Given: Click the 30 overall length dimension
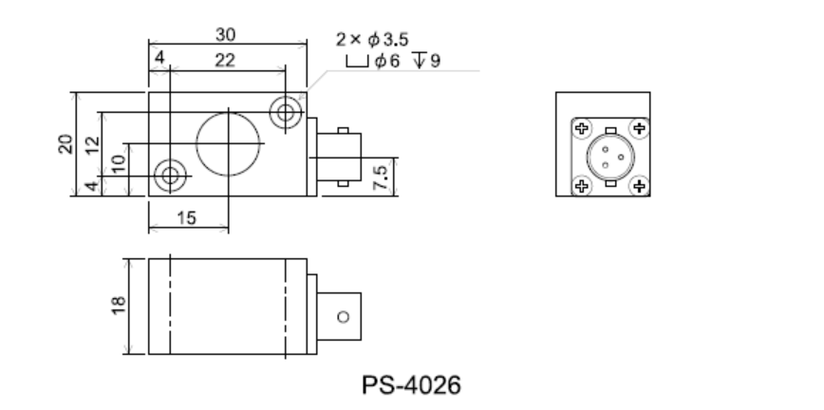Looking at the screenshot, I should pyautogui.click(x=227, y=34).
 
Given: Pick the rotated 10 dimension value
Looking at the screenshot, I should pyautogui.click(x=117, y=161).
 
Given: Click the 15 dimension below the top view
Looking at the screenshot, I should pyautogui.click(x=187, y=217).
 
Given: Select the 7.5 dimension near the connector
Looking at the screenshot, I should pyautogui.click(x=380, y=176).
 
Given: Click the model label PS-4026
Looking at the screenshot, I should pyautogui.click(x=412, y=385).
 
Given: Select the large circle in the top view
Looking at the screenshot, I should pyautogui.click(x=229, y=143).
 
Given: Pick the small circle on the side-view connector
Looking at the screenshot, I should pyautogui.click(x=343, y=315).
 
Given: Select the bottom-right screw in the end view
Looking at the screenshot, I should pyautogui.click(x=639, y=187).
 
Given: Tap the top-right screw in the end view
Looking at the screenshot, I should pyautogui.click(x=639, y=127).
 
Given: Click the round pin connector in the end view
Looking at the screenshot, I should pyautogui.click(x=609, y=157).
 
